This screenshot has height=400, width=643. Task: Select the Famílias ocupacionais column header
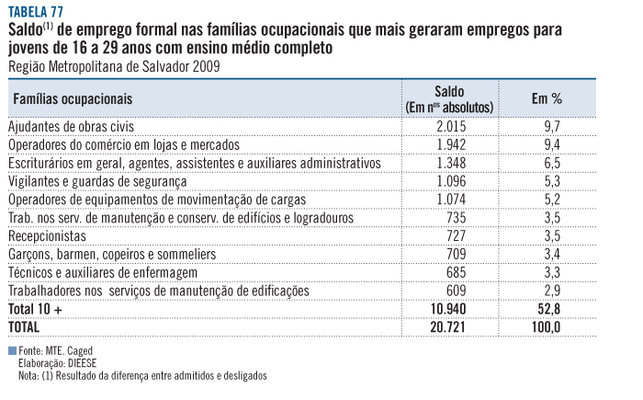73,97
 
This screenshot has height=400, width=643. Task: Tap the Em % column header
547,97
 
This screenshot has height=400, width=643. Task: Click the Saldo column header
451,92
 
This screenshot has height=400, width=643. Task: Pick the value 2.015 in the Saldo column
453,125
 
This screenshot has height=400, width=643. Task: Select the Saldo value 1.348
453,162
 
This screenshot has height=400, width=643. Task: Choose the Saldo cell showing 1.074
453,199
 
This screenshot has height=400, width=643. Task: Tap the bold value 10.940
450,308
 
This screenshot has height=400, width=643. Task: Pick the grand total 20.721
450,326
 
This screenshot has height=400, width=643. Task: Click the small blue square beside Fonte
11,351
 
